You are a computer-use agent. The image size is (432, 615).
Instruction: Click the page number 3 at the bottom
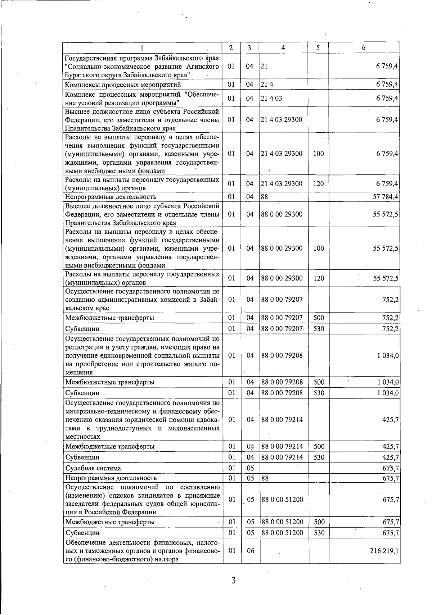(233, 580)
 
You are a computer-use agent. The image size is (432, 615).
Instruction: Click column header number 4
(283, 47)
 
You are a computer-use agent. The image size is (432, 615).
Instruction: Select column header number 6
(364, 47)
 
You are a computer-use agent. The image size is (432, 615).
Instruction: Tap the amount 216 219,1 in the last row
(384, 551)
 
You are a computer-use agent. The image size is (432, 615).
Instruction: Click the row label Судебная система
(93, 468)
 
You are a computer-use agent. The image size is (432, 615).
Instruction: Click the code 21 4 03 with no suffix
(272, 98)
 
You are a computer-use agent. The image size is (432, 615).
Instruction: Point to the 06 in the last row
(250, 551)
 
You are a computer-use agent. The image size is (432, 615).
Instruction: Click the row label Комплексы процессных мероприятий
(123, 85)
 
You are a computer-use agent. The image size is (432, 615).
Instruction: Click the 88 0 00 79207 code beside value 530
(282, 328)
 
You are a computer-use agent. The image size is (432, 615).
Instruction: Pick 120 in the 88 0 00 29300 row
(319, 278)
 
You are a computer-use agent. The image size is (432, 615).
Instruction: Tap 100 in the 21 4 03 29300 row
(319, 154)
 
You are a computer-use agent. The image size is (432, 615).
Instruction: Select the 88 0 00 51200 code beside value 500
(282, 522)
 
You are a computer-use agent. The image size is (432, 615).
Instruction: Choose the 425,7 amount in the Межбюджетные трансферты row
(391, 446)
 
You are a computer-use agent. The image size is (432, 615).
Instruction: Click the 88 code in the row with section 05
(265, 478)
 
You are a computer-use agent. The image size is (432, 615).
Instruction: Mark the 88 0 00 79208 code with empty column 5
(282, 355)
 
